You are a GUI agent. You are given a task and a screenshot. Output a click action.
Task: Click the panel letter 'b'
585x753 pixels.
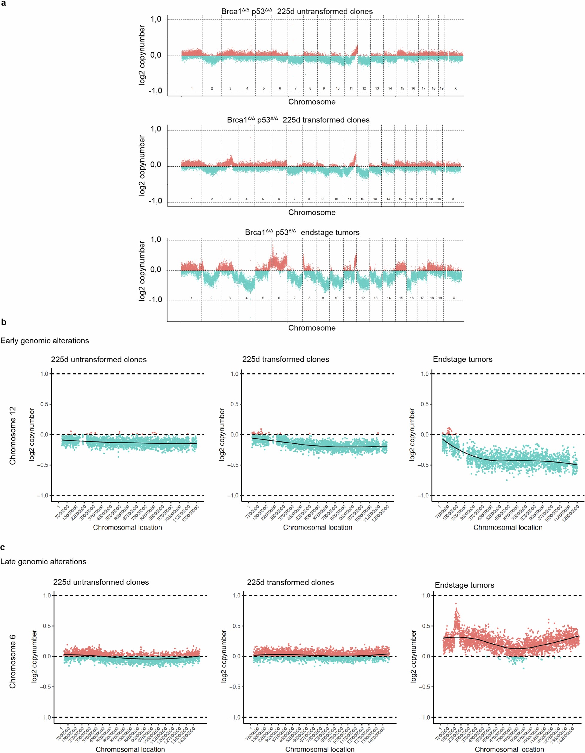pyautogui.click(x=4, y=322)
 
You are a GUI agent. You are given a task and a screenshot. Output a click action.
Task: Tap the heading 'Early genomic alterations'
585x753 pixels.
pyautogui.click(x=45, y=341)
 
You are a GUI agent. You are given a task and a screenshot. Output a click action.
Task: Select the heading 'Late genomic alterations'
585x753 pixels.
pyautogui.click(x=43, y=562)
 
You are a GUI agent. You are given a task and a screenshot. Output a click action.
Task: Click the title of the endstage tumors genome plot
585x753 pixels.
pyautogui.click(x=302, y=232)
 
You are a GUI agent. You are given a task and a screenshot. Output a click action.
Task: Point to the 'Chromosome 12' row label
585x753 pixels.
pyautogui.click(x=13, y=436)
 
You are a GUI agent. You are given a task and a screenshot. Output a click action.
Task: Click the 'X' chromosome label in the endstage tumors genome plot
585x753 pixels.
pyautogui.click(x=454, y=298)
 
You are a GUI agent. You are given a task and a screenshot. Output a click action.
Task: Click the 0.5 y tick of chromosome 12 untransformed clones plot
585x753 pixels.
pyautogui.click(x=44, y=404)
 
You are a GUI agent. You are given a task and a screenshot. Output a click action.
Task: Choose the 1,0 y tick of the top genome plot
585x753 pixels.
pyautogui.click(x=156, y=19)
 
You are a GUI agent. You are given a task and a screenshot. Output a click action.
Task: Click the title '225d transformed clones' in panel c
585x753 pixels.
pyautogui.click(x=290, y=582)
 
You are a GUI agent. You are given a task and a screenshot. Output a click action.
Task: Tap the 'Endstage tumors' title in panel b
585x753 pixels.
pyautogui.click(x=462, y=359)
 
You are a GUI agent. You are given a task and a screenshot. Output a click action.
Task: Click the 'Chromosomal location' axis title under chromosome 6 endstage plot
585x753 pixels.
pyautogui.click(x=509, y=749)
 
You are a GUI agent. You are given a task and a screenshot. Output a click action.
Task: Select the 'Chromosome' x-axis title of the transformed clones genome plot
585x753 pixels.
pyautogui.click(x=312, y=212)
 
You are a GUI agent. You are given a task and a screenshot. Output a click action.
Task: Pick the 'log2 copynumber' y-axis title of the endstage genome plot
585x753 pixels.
pyautogui.click(x=142, y=271)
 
